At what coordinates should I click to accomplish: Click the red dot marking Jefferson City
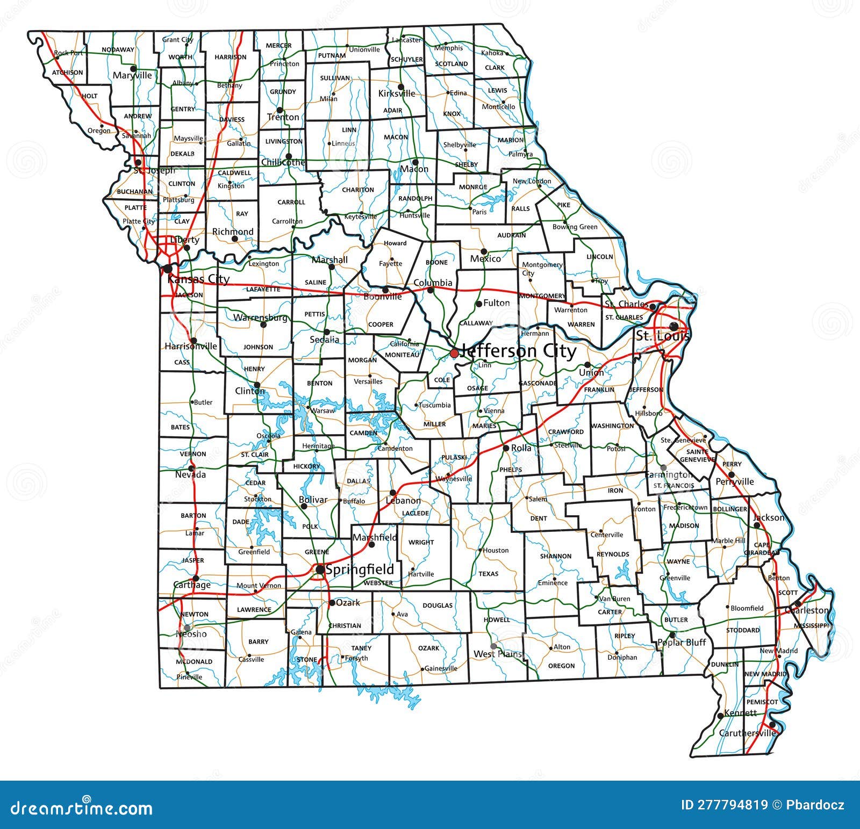click(454, 353)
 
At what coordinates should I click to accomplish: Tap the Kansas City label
click(198, 279)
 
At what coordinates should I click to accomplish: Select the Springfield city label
click(360, 570)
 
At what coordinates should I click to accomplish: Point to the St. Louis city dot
click(673, 326)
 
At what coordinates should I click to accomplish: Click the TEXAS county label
click(489, 574)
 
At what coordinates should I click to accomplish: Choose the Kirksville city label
click(397, 93)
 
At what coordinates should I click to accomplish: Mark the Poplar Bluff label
click(682, 643)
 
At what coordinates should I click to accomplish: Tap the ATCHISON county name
click(68, 73)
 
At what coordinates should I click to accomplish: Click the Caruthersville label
click(747, 733)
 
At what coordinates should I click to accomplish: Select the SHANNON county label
click(556, 556)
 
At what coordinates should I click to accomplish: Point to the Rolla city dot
click(506, 448)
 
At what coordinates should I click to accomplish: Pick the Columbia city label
click(433, 283)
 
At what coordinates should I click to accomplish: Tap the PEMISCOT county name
click(762, 702)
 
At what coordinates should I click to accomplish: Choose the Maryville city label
click(132, 76)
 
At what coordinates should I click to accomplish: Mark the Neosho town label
click(191, 634)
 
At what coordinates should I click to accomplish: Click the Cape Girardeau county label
click(762, 549)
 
